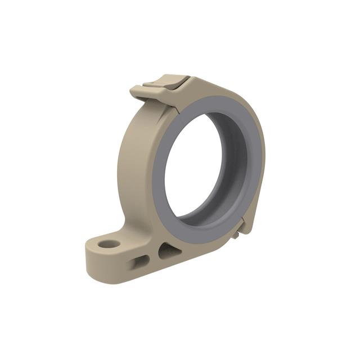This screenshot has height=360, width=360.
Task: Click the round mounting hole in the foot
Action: click(x=109, y=245)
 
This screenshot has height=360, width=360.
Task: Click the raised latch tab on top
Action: click(x=169, y=82)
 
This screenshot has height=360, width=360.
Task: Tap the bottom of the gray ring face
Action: click(x=197, y=231)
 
